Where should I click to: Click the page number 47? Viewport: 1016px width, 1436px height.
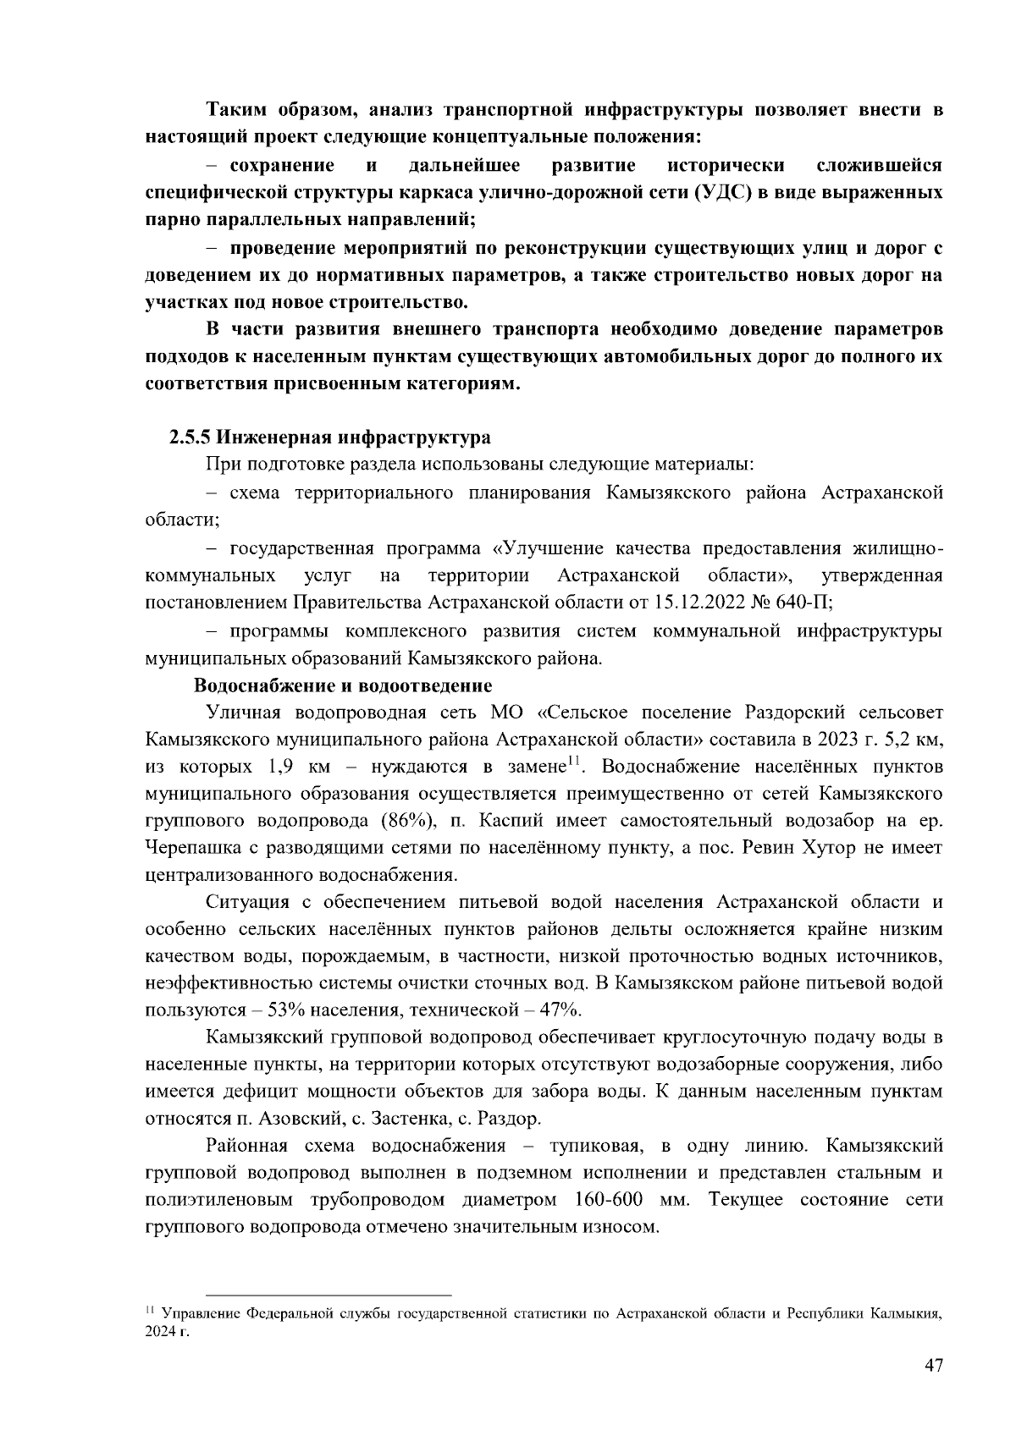(x=932, y=1365)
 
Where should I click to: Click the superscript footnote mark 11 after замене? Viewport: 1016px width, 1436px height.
(x=571, y=762)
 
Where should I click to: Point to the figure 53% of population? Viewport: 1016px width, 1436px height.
(x=285, y=1010)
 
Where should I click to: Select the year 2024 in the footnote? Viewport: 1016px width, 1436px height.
(x=160, y=1332)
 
